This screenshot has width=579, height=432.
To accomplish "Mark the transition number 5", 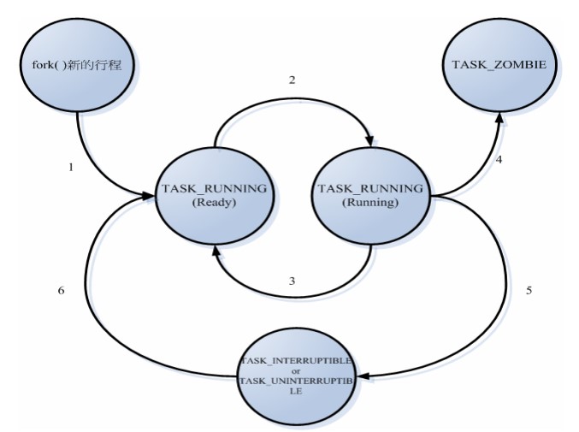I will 529,289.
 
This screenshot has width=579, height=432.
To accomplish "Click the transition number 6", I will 61,289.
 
